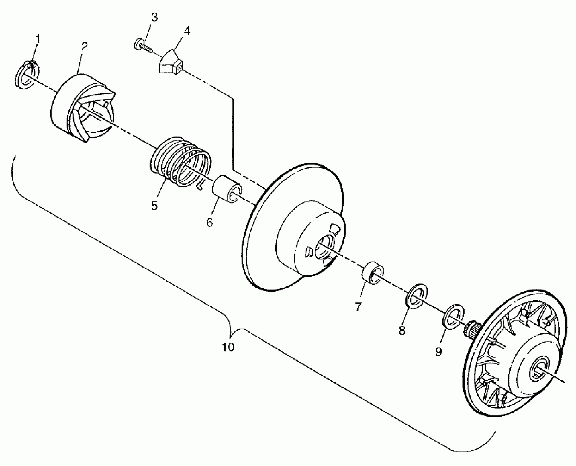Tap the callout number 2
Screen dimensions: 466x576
click(x=85, y=47)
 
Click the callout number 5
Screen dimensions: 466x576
click(x=154, y=205)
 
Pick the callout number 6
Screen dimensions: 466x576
click(x=209, y=222)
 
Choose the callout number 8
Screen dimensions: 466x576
click(x=402, y=331)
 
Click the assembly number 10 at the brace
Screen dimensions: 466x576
click(x=228, y=347)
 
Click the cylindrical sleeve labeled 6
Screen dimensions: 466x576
click(x=227, y=189)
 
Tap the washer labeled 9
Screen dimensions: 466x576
click(x=453, y=316)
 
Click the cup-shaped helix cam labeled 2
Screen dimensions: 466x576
click(x=82, y=107)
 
